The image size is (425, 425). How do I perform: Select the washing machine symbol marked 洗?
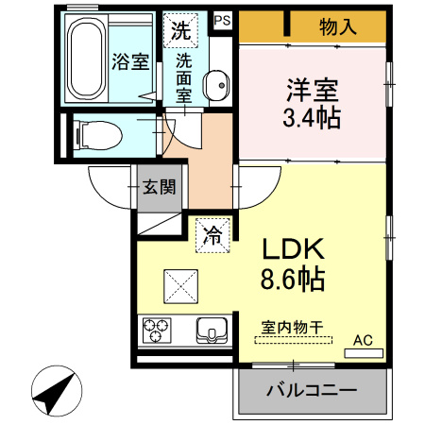pos(181,29)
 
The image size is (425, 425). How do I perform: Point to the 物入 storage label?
pos(337,26)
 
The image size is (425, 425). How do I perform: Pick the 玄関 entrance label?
pos(159,186)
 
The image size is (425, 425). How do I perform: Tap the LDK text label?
pos(293,250)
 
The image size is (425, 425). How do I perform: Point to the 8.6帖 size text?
pos(293,280)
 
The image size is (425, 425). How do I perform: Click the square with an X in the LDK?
pos(181,285)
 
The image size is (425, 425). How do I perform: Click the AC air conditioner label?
pos(363,340)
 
